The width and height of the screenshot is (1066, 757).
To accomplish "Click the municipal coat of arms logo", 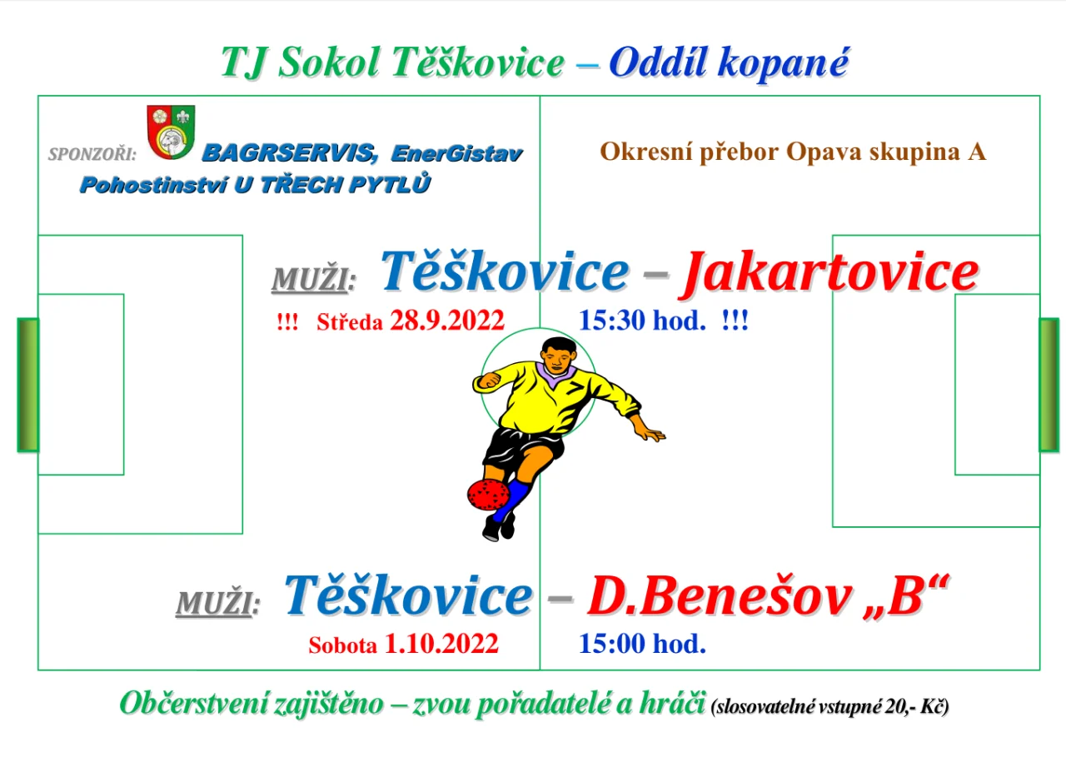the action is pos(171,132).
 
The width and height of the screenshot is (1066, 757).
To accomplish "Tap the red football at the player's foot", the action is pos(488,495).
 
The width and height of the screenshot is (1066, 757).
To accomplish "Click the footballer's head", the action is pos(559,355).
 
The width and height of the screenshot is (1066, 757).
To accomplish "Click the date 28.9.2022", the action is pos(447,321).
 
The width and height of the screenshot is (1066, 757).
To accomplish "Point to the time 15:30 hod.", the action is pos(642,321).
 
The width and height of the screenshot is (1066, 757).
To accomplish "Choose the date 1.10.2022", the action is pos(441,644).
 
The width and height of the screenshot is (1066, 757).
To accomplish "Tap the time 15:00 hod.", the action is pos(642,644).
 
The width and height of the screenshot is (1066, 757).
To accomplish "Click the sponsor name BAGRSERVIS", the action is pos(288,153).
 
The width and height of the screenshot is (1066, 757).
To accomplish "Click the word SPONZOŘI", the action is pos(92,154).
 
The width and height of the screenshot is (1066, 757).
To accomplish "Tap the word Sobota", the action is pos(342,645).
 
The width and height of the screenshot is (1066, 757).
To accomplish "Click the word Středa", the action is pos(350,322).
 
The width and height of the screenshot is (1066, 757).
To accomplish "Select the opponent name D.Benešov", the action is pos(719,595).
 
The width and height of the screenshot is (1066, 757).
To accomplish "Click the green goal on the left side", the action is pos(28,385).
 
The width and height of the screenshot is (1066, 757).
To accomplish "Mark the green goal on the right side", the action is pos(1049,385).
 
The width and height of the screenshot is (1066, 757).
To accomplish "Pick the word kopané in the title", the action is pos(782,62).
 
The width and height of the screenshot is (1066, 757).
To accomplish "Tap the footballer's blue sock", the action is pos(511,501).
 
